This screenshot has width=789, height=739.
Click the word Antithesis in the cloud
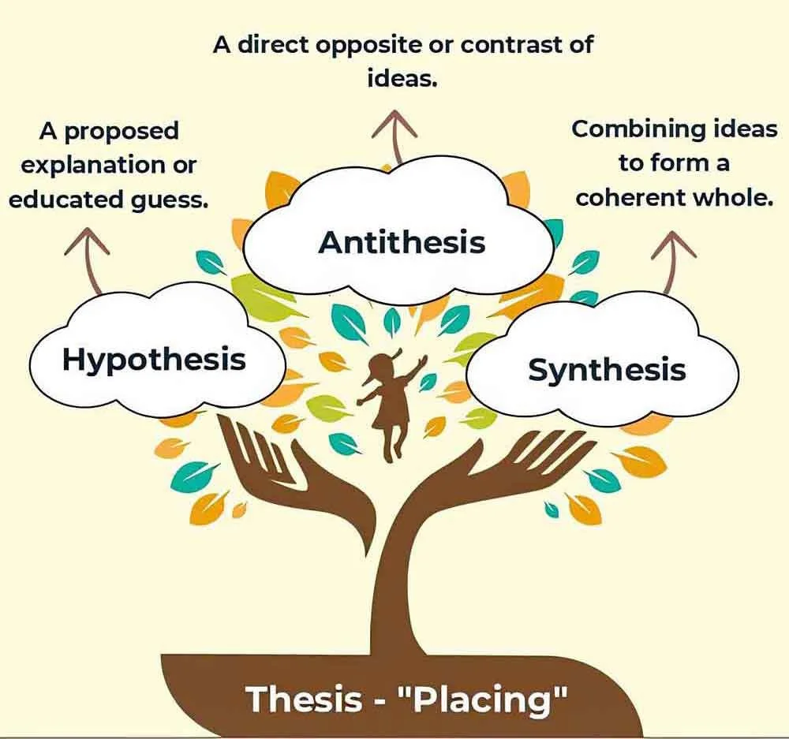tap(402, 241)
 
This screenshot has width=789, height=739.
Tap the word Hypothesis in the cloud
tap(154, 360)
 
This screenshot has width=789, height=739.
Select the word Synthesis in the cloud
tap(606, 369)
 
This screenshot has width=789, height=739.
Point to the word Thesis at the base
tap(303, 700)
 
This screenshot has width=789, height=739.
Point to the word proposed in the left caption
tap(121, 131)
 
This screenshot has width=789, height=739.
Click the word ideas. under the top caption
tap(402, 79)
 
